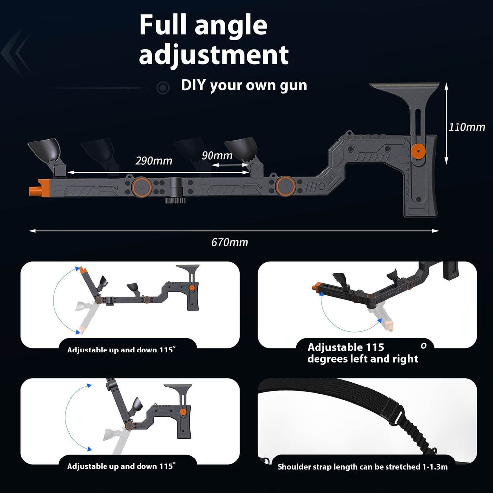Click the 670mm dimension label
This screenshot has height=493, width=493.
(x=230, y=242)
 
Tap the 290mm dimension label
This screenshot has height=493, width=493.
(x=153, y=161)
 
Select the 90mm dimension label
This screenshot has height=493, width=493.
(x=217, y=156)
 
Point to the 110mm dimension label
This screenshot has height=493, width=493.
(x=466, y=127)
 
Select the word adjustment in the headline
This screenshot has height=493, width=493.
(x=213, y=54)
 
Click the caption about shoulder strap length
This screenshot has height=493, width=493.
(x=362, y=466)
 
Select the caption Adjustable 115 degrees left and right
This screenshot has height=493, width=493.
(x=362, y=353)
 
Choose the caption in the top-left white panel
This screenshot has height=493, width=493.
(x=121, y=350)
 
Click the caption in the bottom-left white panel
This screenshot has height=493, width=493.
(x=121, y=466)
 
